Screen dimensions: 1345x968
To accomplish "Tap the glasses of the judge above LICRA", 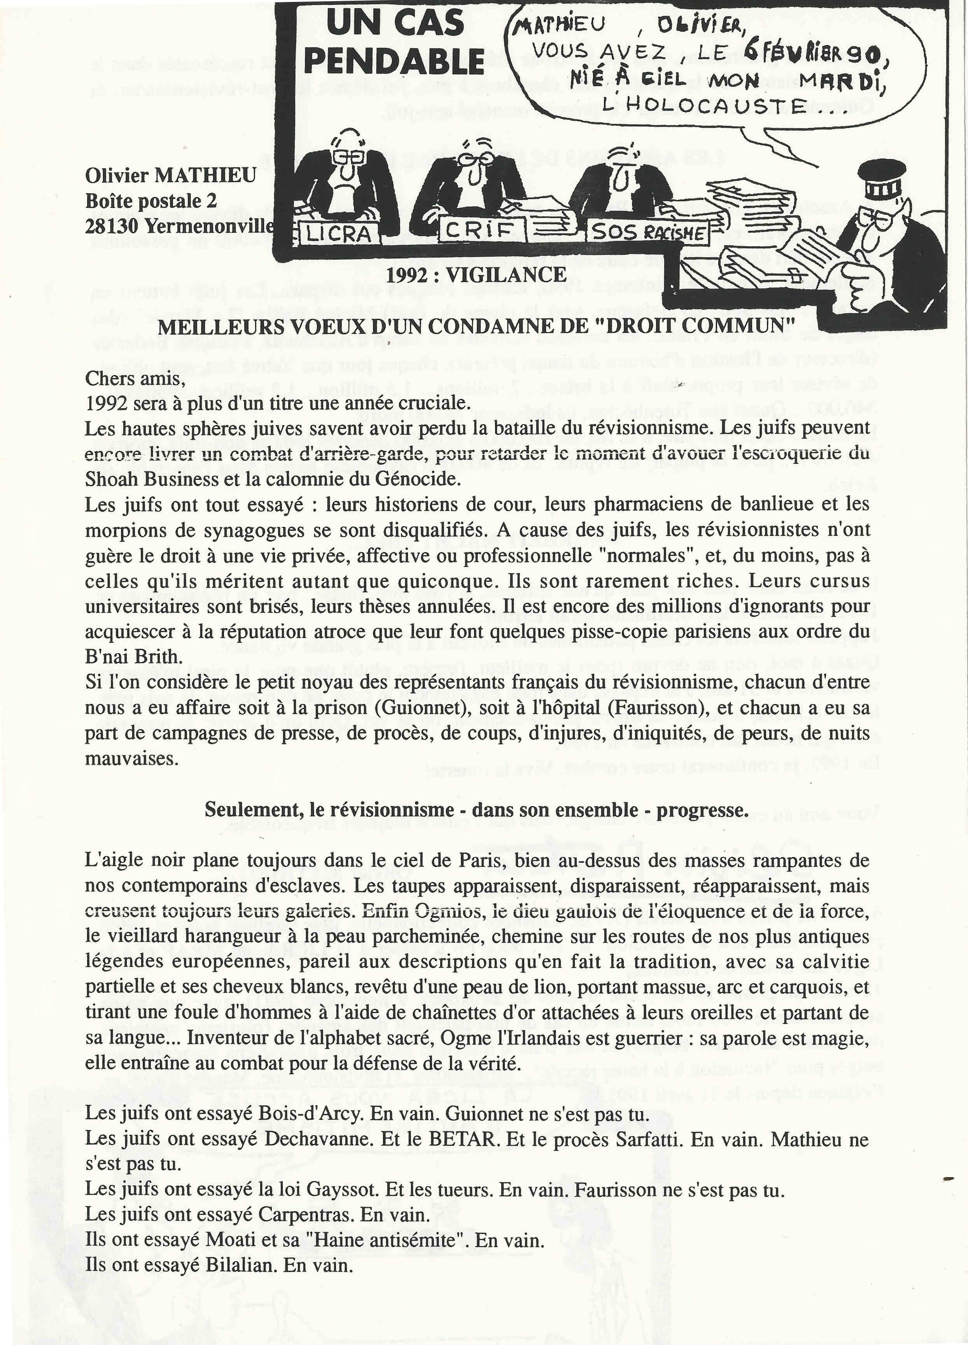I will click(345, 155).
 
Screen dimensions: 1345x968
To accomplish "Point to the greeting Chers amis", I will click(136, 378).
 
